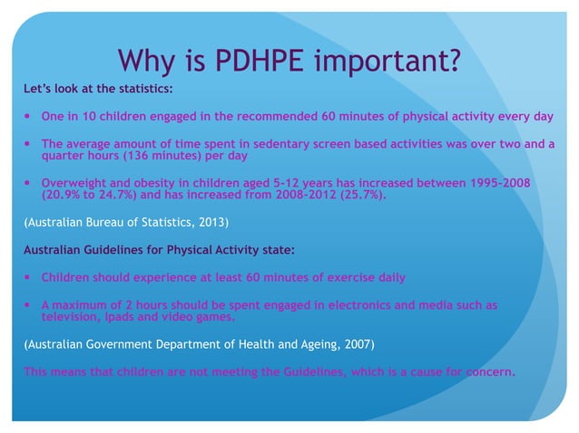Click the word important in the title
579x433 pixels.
pos(382,63)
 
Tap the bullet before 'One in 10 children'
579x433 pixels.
pos(27,117)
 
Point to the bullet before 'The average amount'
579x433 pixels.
pos(27,143)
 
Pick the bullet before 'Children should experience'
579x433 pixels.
pos(27,277)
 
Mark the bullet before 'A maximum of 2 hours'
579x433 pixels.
pos(27,305)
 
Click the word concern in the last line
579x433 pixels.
pos(485,371)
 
